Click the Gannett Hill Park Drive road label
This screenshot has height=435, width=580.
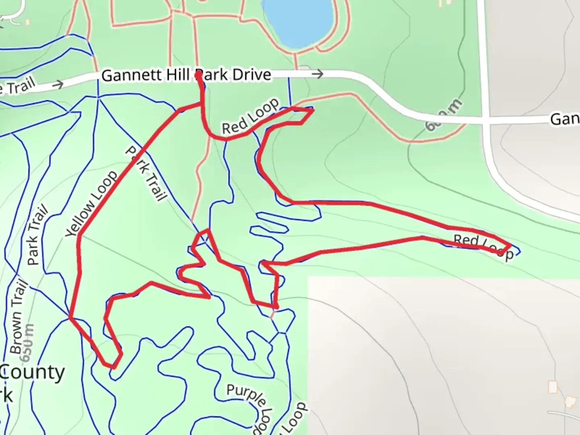[x=186, y=75]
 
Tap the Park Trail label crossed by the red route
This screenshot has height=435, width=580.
[x=146, y=174]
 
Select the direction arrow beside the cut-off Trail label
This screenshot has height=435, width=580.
[x=58, y=84]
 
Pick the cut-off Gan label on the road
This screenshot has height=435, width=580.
[x=564, y=119]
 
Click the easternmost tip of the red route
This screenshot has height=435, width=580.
[x=511, y=245]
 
